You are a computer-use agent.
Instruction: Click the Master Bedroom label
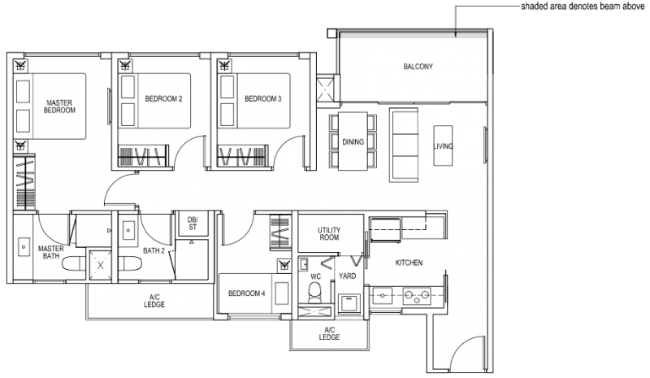60,106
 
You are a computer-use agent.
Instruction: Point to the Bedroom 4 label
246,293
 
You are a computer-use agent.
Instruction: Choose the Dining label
353,141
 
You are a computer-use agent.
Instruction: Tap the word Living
443,146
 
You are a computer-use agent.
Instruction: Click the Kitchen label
409,263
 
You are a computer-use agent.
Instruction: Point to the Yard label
347,276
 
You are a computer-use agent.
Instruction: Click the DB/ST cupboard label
193,223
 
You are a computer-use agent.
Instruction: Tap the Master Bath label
50,252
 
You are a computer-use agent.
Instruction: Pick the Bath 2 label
154,251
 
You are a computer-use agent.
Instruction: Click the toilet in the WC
318,291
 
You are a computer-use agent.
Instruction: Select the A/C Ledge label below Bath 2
153,301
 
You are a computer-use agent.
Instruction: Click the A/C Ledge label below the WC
329,333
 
